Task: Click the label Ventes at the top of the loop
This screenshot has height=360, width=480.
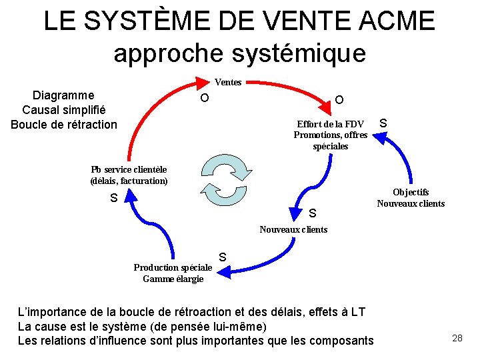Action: [x=228, y=82]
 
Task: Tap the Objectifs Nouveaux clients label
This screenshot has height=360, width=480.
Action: [x=411, y=197]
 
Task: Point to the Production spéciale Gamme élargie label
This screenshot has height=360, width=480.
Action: [x=173, y=273]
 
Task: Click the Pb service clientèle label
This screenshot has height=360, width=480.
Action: [x=129, y=175]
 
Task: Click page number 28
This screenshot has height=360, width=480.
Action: [x=457, y=338]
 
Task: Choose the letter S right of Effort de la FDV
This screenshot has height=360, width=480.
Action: [x=383, y=123]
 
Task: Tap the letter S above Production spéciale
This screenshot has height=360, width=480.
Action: [x=223, y=257]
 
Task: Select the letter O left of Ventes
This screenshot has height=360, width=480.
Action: [x=205, y=99]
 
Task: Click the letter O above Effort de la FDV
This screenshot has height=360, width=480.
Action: [x=339, y=100]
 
